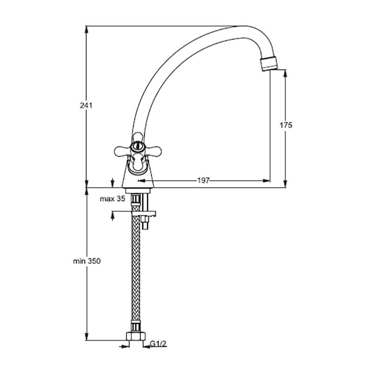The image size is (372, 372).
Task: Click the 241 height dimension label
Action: point(86,106)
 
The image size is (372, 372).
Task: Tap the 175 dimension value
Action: point(286,125)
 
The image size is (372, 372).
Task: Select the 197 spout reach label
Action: point(204,181)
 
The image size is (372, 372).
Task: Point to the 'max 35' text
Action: point(112,199)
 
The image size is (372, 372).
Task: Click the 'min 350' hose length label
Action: point(87,261)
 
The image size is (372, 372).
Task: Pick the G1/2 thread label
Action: point(158,344)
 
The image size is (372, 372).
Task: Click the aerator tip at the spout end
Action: point(269,63)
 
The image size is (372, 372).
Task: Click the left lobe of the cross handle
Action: point(122,151)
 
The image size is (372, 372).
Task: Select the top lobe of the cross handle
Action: point(138,138)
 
